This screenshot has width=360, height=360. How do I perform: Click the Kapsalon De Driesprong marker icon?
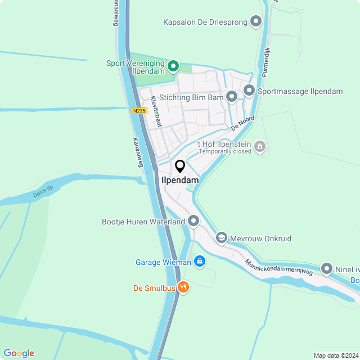(x=256, y=22)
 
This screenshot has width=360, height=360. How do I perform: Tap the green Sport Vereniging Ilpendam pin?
(x=173, y=67)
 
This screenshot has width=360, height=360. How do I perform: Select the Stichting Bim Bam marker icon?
(x=231, y=97)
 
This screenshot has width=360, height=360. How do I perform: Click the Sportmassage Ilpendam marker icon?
(x=249, y=91)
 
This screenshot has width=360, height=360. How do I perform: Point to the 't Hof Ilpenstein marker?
(x=259, y=147)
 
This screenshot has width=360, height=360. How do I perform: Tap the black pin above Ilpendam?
(x=180, y=166)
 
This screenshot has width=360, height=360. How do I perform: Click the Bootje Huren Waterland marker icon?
(x=193, y=221)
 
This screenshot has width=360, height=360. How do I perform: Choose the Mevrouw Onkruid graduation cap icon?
(x=221, y=238)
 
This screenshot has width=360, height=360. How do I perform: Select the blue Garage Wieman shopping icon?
(x=199, y=262)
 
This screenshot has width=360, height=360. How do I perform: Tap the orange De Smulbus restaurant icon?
(x=183, y=288)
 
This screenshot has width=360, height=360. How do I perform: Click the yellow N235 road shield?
(x=139, y=111)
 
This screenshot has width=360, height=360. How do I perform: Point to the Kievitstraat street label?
(x=156, y=111)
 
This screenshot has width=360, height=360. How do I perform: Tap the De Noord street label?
(x=243, y=123)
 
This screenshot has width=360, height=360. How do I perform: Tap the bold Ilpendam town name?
(x=180, y=180)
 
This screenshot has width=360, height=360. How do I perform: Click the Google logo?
(x=19, y=353)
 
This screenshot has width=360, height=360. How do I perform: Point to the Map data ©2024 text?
(x=335, y=355)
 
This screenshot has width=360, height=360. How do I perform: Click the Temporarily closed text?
(x=224, y=152)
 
